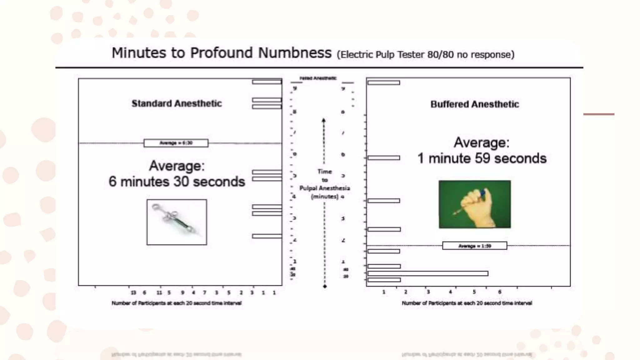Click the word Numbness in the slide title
pyautogui.click(x=295, y=53)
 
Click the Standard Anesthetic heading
pyautogui.click(x=177, y=103)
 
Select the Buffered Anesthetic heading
pyautogui.click(x=475, y=104)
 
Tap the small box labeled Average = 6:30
pyautogui.click(x=176, y=143)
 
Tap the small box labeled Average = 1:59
pyautogui.click(x=474, y=246)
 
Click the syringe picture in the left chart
pyautogui.click(x=177, y=222)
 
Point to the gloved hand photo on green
pyautogui.click(x=475, y=204)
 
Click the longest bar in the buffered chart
pyautogui.click(x=427, y=273)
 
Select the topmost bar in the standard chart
pyautogui.click(x=267, y=82)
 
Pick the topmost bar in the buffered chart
pyautogui.click(x=383, y=83)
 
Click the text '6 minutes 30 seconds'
pyautogui.click(x=177, y=182)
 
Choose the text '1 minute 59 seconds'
pyautogui.click(x=482, y=158)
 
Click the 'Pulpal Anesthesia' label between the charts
pyautogui.click(x=324, y=188)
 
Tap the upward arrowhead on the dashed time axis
pyautogui.click(x=324, y=120)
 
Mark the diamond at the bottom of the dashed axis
pyautogui.click(x=325, y=286)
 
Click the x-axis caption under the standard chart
pyautogui.click(x=177, y=303)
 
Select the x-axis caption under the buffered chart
pyautogui.click(x=467, y=303)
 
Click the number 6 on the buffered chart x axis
pyautogui.click(x=500, y=292)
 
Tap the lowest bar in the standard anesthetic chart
pyautogui.click(x=267, y=236)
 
